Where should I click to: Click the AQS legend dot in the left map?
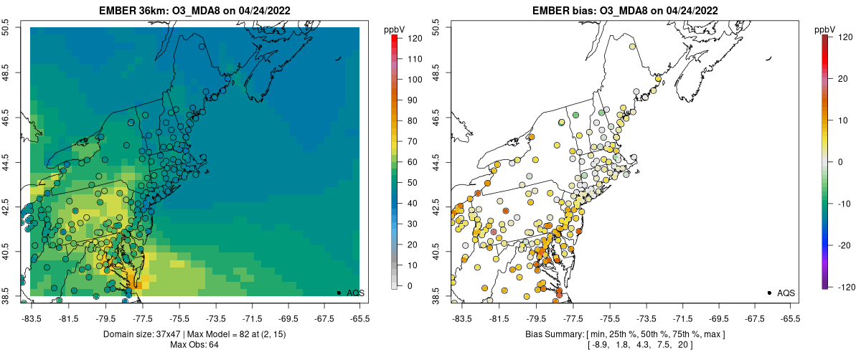339,293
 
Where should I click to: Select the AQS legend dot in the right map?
769,293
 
